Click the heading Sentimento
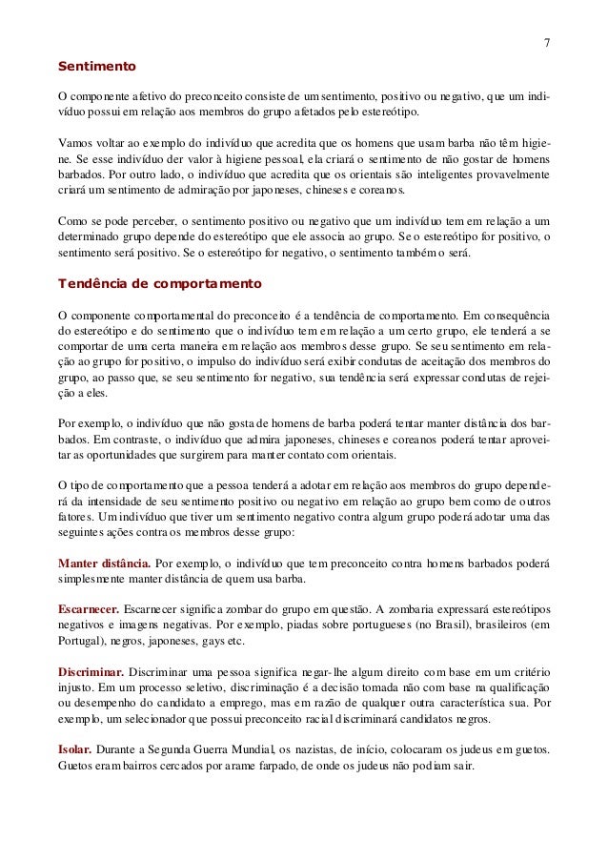(97, 69)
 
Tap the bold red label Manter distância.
(103, 562)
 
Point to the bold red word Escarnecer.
(90, 607)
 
